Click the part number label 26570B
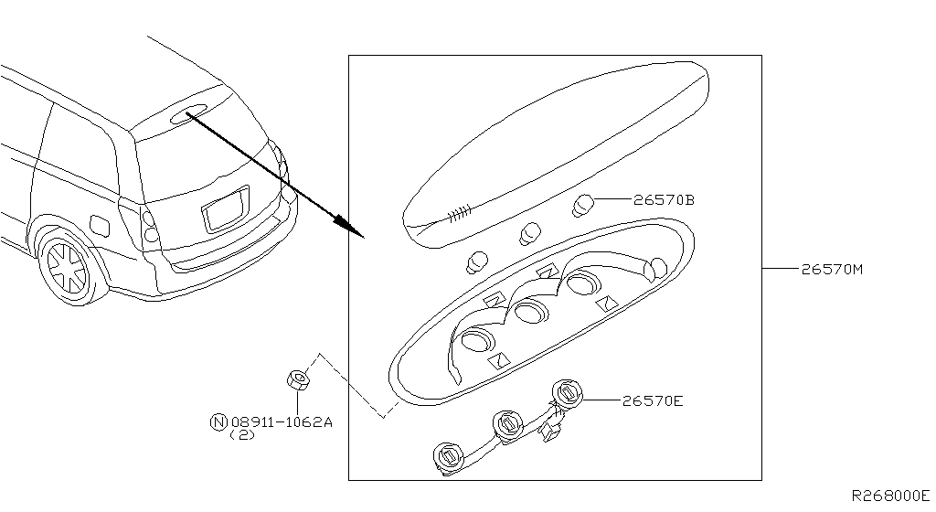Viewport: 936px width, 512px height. point(664,199)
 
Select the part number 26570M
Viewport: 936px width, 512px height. point(833,270)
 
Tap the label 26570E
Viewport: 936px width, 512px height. point(654,400)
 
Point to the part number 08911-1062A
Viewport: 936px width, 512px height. point(282,422)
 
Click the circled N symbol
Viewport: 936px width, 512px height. point(218,422)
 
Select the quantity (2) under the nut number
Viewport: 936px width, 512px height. point(242,435)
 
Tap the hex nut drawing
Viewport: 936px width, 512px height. point(297,379)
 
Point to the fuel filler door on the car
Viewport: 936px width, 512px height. point(101,222)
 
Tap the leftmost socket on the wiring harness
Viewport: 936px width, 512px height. point(448,456)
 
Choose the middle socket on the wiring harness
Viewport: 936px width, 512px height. point(505,423)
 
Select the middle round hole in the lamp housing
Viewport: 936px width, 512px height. point(530,314)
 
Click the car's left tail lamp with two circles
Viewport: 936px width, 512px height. point(150,226)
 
